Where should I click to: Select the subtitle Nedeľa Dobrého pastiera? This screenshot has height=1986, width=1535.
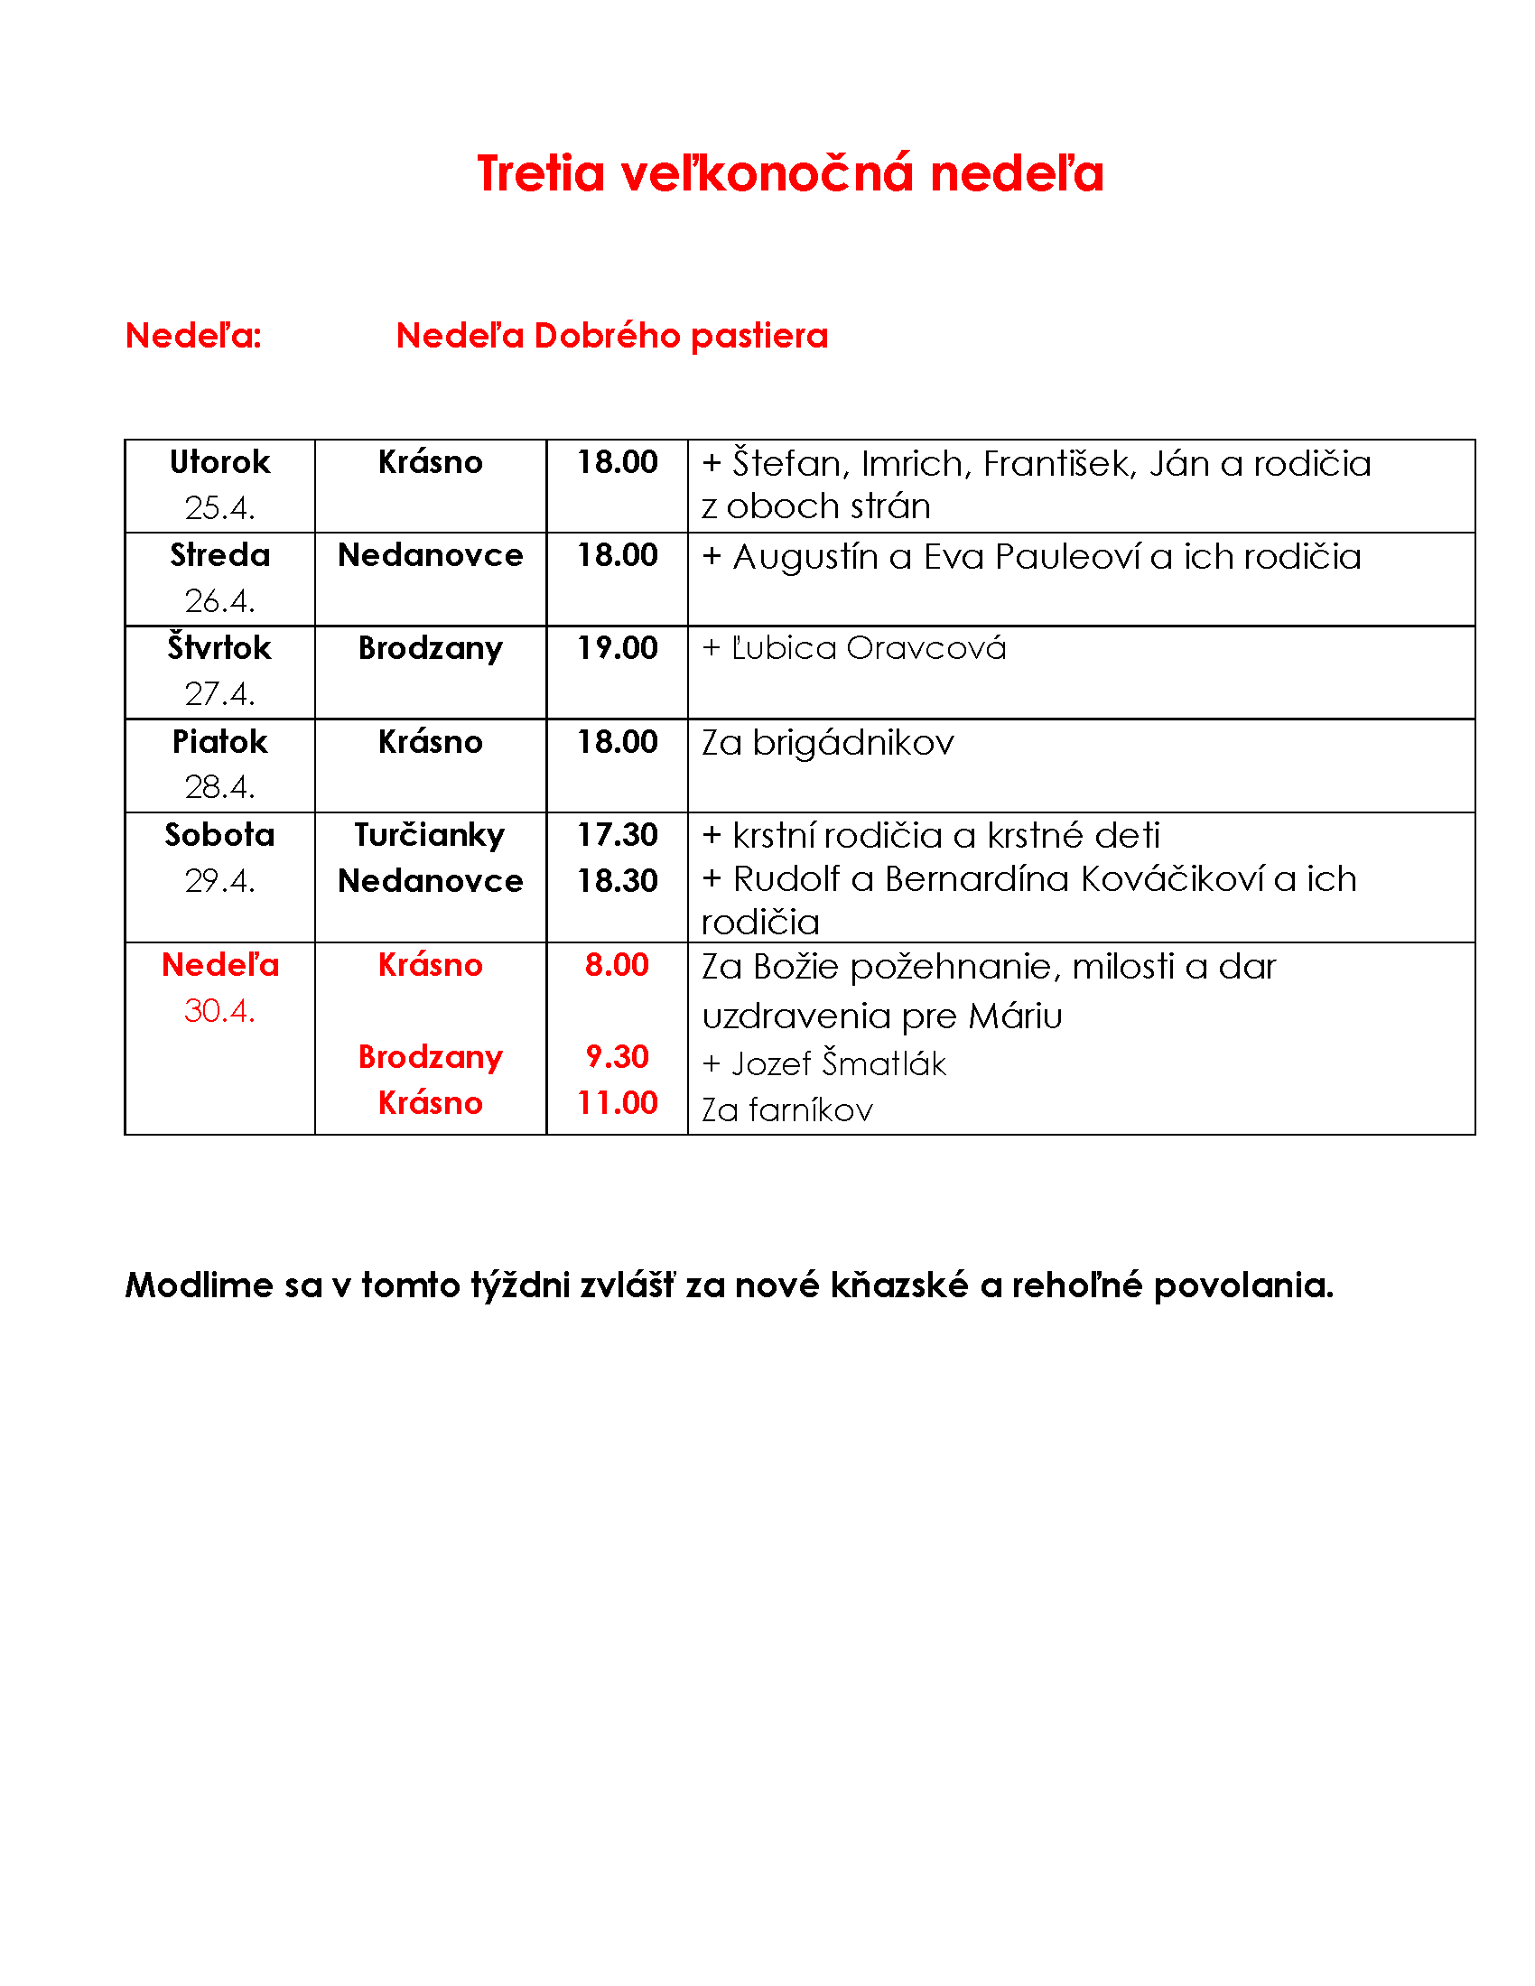pos(612,336)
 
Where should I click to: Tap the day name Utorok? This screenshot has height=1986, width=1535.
pos(220,462)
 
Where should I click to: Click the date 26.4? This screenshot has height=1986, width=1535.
pos(220,600)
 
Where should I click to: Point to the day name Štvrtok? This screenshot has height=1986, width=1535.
pos(220,648)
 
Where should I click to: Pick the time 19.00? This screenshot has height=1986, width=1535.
pos(618,648)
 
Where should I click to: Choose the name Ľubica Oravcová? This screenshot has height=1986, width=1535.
pos(869,648)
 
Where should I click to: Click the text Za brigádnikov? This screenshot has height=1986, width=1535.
pos(827,743)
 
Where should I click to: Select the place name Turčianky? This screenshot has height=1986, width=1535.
pos(429,835)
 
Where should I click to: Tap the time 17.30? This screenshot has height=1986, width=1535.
pos(618,835)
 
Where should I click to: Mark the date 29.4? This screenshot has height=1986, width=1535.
pos(220,880)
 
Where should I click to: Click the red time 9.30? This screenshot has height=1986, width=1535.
pos(618,1057)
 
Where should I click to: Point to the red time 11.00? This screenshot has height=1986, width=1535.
pos(618,1103)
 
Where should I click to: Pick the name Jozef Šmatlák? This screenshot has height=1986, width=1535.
pos(839,1063)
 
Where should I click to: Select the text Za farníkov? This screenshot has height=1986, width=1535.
pos(787,1109)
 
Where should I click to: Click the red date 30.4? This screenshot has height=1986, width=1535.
pos(220,1010)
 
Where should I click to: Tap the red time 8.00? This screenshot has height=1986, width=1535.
pos(618,965)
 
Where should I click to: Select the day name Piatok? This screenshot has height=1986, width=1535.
pos(220,742)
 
